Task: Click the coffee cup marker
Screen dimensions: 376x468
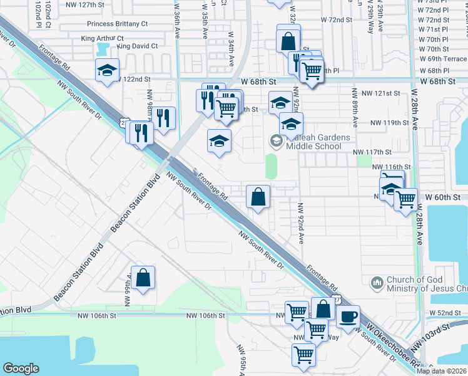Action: click(x=348, y=316)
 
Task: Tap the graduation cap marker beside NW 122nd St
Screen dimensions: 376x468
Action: click(x=107, y=70)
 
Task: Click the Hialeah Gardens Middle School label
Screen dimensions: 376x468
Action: click(x=313, y=142)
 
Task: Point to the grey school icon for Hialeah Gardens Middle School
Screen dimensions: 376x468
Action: click(x=276, y=142)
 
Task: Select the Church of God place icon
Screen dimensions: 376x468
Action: click(x=376, y=283)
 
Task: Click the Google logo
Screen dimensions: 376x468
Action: click(x=21, y=368)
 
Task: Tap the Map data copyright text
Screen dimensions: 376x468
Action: click(x=442, y=371)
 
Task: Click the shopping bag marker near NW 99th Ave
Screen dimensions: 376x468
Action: click(x=143, y=278)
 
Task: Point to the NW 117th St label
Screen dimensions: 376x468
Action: click(x=372, y=152)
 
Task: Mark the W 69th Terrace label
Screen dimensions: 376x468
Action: click(x=442, y=59)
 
